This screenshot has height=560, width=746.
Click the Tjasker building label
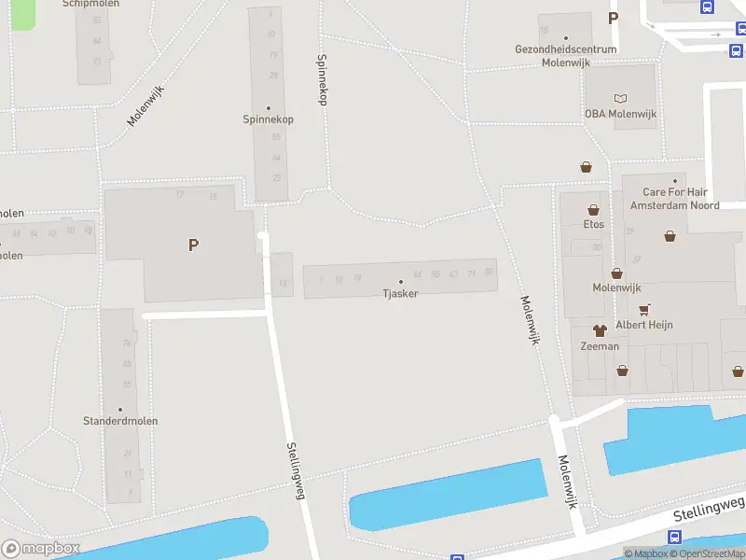pos(400,293)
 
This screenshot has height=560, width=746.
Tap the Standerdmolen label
pos(120,421)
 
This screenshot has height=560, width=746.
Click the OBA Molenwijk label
pos(621,114)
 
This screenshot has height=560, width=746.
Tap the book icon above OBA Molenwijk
pos(621,98)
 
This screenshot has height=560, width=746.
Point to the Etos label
pos(593,224)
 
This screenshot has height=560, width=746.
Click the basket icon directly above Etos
pos(593,210)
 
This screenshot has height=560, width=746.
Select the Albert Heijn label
pos(643,325)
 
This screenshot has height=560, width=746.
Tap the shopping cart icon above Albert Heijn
pos(643,309)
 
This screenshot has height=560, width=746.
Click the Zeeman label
pos(600,346)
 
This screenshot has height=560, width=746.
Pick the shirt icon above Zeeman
pos(600,330)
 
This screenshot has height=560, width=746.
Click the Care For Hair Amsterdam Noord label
pos(674,198)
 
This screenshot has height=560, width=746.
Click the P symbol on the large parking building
pos(193,245)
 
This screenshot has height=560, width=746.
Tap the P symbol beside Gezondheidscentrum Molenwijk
pos(613,17)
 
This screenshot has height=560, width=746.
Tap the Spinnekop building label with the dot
pos(269,119)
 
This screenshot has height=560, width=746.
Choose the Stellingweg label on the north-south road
pos(296,471)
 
